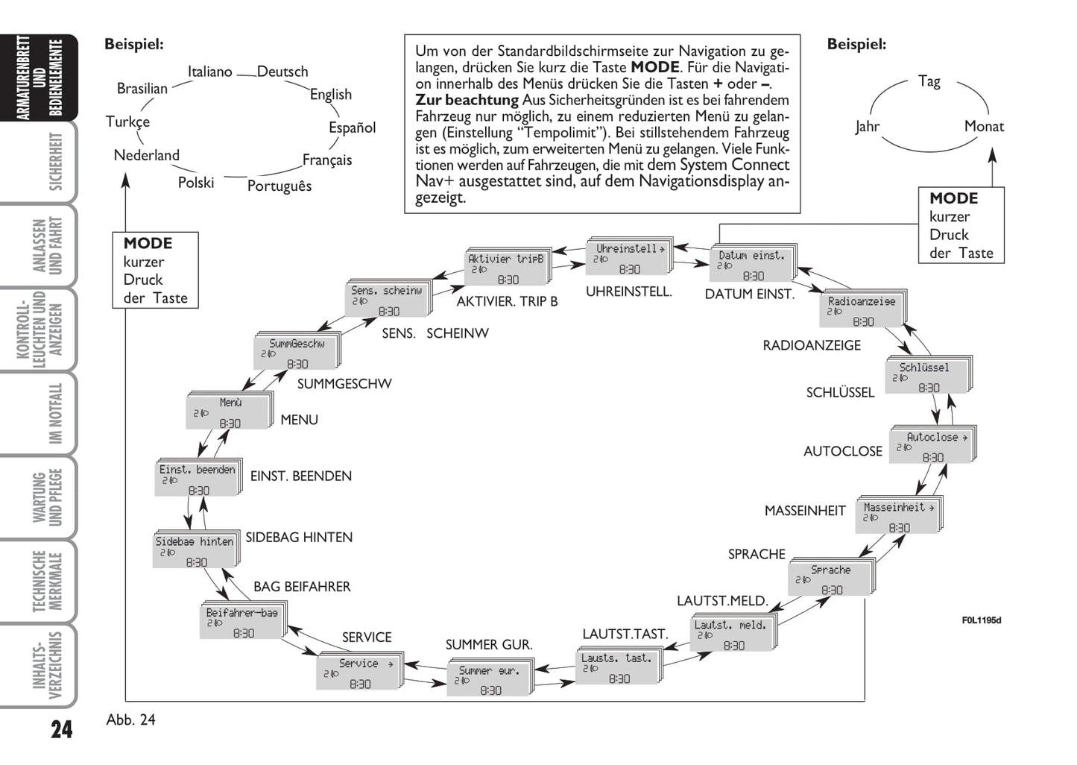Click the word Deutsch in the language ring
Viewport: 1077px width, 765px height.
(x=282, y=72)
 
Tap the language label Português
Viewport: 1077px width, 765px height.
(x=279, y=186)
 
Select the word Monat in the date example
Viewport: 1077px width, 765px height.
(x=984, y=126)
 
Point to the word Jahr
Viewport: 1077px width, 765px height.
(x=867, y=126)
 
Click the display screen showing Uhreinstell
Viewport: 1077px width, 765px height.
(x=629, y=258)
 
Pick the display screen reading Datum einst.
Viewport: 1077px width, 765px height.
(x=752, y=265)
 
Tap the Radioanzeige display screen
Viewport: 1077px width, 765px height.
(x=862, y=311)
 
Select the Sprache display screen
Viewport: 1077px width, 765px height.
(x=830, y=579)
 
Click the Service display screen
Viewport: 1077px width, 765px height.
(x=359, y=673)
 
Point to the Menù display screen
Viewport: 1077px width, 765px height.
(x=228, y=412)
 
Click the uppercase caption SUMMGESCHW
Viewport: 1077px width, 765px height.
(x=344, y=384)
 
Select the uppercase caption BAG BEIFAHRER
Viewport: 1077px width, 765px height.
(x=302, y=587)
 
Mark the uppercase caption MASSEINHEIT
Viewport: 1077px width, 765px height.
(x=805, y=511)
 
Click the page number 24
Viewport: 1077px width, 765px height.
(x=61, y=728)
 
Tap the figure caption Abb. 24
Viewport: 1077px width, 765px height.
(x=131, y=720)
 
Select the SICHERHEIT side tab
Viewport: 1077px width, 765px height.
(x=54, y=162)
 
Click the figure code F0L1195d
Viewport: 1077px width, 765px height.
(x=981, y=620)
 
